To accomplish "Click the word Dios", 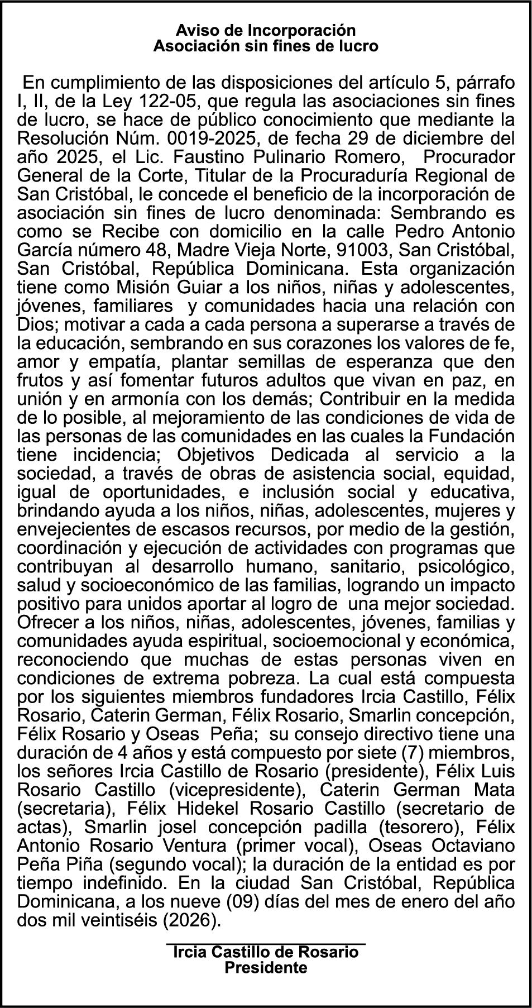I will click(34, 325).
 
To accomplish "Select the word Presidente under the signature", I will click(266, 967).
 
